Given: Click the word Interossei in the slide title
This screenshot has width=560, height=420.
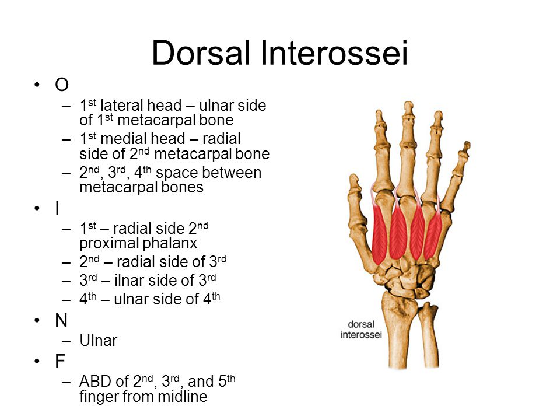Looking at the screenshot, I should point(339,53).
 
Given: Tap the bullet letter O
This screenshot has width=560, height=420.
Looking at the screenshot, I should point(61,85).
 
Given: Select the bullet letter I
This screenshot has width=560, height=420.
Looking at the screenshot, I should point(57,208).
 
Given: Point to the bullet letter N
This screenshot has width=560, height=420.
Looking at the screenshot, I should point(61,320).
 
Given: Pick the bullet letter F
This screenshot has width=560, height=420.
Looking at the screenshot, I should point(60,362).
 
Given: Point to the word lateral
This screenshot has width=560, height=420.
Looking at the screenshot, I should point(119,106).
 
